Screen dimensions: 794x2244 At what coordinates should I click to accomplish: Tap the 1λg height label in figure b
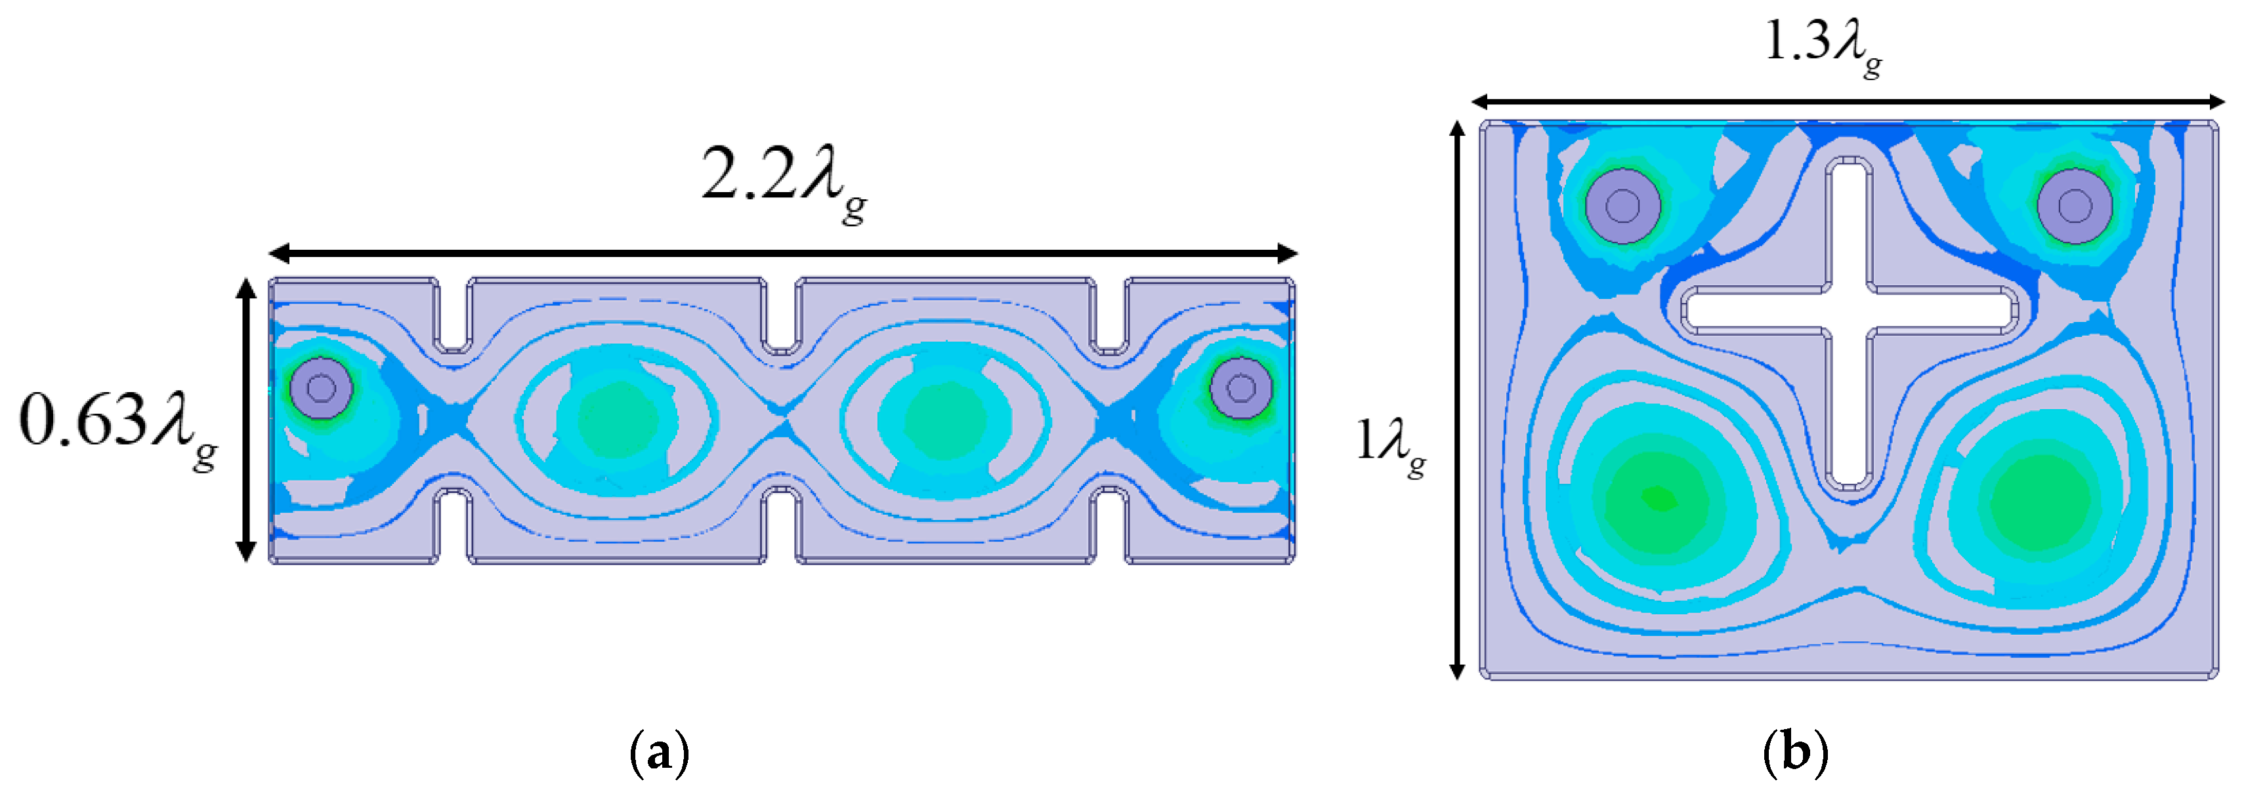point(1390,444)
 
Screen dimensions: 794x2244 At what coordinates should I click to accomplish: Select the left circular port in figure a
point(322,388)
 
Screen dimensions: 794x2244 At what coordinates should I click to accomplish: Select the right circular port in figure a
point(1240,388)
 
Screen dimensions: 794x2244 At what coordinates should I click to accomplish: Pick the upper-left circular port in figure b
point(1622,207)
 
